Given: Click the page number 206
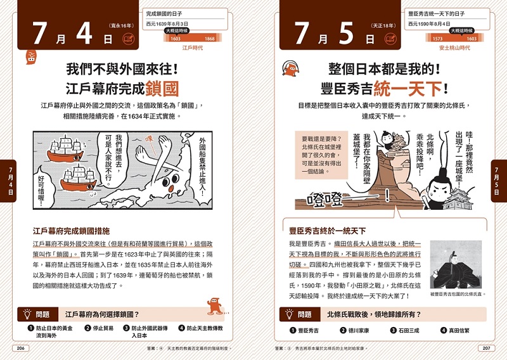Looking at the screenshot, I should point(20,348).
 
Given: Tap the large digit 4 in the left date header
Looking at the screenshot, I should point(84,34).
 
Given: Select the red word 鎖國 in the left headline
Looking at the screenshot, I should point(162,87).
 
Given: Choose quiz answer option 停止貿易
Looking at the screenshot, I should point(102,328).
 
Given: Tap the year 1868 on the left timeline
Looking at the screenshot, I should point(210,39).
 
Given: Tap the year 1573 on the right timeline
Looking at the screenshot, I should point(437,39).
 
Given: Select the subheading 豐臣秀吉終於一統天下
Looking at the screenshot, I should point(328,231).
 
